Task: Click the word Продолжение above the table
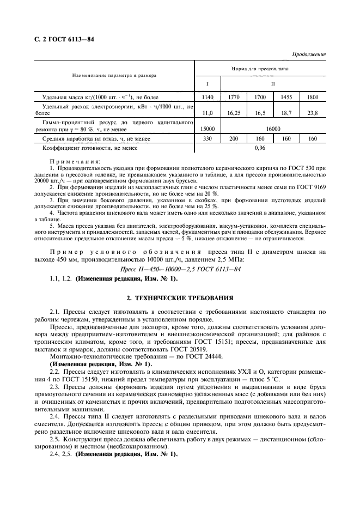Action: [x=309, y=54]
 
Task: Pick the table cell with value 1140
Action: [x=208, y=97]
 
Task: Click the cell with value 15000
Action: [x=208, y=129]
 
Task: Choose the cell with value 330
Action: [x=208, y=139]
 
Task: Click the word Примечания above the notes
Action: [x=75, y=161]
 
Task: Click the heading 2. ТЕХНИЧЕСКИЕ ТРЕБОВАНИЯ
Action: [x=180, y=298]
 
